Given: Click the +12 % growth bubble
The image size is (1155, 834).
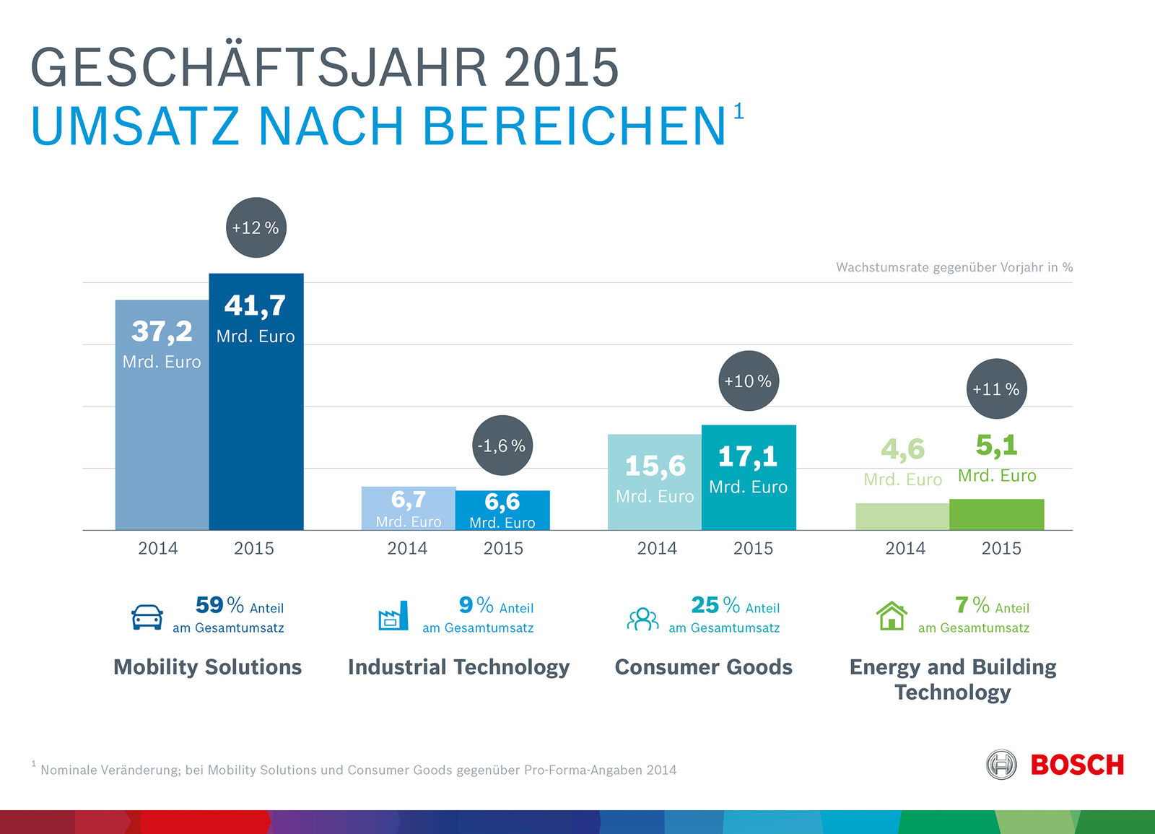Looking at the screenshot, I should click(x=256, y=227).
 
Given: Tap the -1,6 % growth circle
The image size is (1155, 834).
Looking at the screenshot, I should click(x=502, y=446).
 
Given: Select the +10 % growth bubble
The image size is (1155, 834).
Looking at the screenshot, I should click(x=749, y=381).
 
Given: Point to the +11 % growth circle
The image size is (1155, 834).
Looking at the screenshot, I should click(x=996, y=389).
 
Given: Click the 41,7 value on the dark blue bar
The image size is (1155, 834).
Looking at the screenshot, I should click(x=256, y=305).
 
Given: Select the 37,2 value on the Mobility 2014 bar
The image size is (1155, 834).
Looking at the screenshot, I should click(x=162, y=331).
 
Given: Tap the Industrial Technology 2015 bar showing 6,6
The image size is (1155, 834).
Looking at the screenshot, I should click(x=502, y=510).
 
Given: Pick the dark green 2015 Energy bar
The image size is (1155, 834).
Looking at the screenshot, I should click(x=996, y=515).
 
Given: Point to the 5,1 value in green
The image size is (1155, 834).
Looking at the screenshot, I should click(x=996, y=446).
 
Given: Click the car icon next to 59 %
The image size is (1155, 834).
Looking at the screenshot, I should click(x=147, y=617).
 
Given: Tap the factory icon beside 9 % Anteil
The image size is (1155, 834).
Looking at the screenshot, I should click(x=393, y=617).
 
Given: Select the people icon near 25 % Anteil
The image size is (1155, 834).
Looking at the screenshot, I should click(x=642, y=619).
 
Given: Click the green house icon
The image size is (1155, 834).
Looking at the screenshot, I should click(x=892, y=616).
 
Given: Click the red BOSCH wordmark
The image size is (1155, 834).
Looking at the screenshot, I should click(x=1077, y=765).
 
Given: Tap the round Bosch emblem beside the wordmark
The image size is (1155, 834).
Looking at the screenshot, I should click(x=1001, y=765).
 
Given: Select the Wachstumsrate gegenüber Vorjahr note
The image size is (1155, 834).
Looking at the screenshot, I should click(x=954, y=267).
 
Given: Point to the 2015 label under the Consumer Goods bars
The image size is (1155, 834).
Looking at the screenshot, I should click(x=753, y=549).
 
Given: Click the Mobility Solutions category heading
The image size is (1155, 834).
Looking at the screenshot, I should click(x=208, y=666).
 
